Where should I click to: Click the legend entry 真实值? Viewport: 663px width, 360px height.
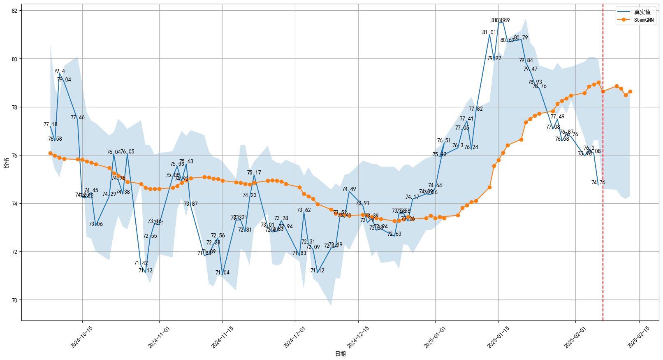(642, 12)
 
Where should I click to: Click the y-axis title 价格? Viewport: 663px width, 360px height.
(6, 163)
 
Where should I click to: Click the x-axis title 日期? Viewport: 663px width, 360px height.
(340, 354)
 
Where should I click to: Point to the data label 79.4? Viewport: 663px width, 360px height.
(59, 71)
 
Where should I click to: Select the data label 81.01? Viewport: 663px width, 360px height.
(489, 33)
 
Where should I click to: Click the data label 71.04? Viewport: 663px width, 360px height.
(223, 273)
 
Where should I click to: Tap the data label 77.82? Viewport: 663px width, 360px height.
(476, 109)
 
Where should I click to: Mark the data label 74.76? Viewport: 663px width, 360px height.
(598, 183)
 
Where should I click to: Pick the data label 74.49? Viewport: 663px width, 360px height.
(349, 189)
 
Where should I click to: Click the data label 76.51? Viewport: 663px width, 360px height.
(444, 141)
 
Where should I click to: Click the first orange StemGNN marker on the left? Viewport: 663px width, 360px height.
(50, 153)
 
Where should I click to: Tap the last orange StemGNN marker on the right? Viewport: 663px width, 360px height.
(630, 92)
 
